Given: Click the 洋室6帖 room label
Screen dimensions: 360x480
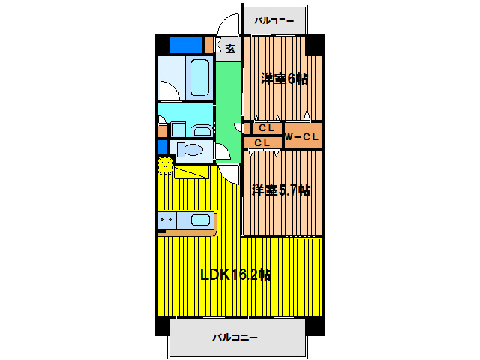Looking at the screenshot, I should (x=284, y=79).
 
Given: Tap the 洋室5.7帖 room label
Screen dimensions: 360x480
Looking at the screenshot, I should (x=280, y=190).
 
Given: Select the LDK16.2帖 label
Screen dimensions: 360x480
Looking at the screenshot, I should (x=235, y=274).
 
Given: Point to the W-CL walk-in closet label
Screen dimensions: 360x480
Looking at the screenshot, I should (x=302, y=136).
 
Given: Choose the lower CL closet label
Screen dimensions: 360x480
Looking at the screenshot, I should (x=262, y=142).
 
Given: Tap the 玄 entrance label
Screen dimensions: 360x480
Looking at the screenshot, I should (x=229, y=49).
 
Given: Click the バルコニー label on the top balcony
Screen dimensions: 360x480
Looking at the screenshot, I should (x=274, y=20).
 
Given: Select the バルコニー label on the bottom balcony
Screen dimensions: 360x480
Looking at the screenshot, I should (x=235, y=338).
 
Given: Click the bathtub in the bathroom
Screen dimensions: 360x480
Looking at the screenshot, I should (x=199, y=77).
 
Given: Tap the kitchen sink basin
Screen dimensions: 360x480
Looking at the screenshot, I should (x=199, y=220).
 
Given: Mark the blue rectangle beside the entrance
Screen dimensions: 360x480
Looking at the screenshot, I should (x=186, y=45).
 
